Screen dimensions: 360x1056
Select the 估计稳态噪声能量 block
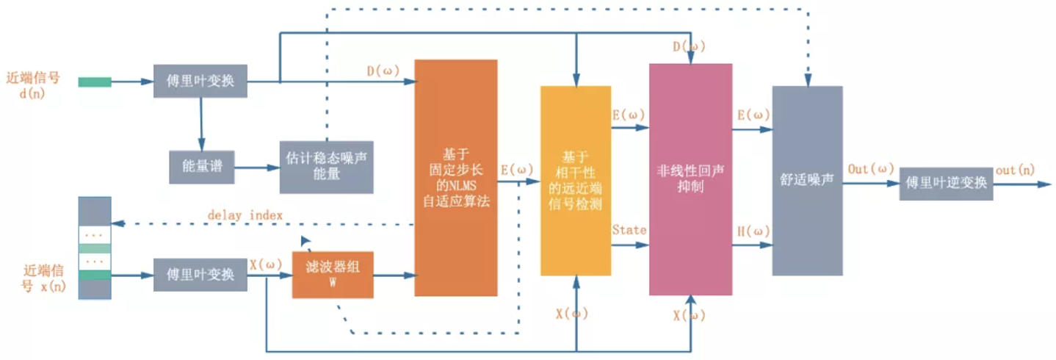[326, 167]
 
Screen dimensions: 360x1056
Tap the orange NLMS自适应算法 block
[455, 178]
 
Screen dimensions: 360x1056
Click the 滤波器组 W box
[333, 274]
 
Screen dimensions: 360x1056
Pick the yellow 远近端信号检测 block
[576, 181]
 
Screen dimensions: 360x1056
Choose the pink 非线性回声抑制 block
[690, 179]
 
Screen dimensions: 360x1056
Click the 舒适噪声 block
[807, 180]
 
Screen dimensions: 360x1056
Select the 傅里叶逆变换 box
[946, 183]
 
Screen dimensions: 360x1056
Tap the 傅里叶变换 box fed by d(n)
[200, 81]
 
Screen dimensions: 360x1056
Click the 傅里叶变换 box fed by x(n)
[200, 275]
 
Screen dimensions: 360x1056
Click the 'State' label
[629, 230]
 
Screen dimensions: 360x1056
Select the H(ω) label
[753, 231]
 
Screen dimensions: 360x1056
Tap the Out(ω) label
[869, 169]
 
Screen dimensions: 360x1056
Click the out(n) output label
[1016, 170]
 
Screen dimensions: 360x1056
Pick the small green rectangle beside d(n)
[95, 82]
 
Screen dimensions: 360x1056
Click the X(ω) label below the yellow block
[571, 314]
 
